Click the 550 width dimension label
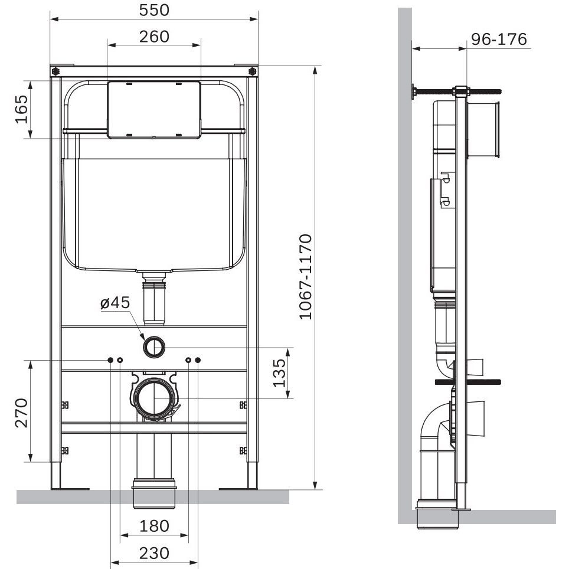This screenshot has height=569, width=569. (154, 10)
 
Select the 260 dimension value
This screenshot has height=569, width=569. (154, 37)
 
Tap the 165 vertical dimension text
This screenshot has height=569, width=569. (21, 109)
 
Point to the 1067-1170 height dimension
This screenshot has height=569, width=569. (306, 277)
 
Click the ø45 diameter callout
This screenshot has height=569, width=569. (115, 302)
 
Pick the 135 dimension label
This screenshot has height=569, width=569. (279, 373)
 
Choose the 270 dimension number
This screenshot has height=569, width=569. (21, 413)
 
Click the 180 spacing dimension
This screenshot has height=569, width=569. (154, 526)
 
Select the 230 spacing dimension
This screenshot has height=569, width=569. (154, 553)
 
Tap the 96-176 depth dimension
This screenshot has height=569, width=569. (499, 39)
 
